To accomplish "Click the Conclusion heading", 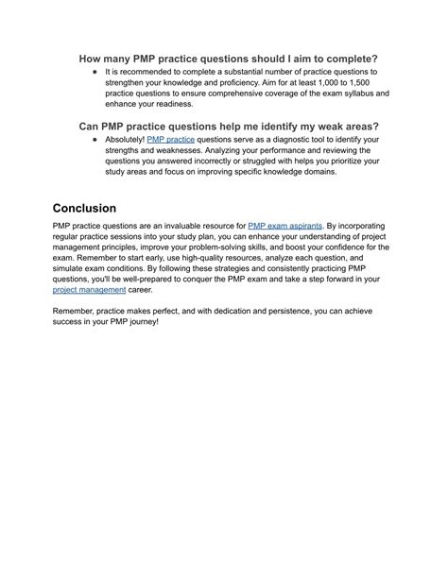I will coord(98,208).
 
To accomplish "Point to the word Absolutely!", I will coord(126,140).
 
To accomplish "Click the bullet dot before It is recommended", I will coord(95,72).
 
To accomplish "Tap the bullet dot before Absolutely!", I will coord(95,140).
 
